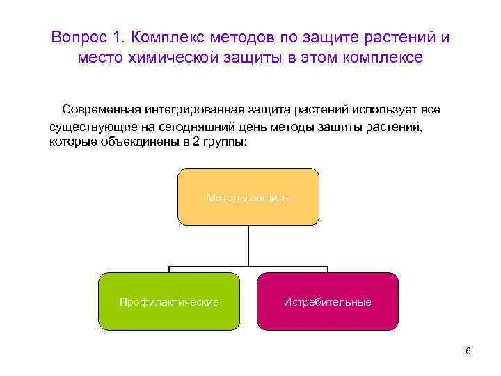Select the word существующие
point(89,128)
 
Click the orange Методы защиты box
point(248,197)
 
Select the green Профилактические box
point(169,301)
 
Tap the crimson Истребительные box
point(327,301)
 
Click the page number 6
point(468,350)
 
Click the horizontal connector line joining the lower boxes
point(209,267)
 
